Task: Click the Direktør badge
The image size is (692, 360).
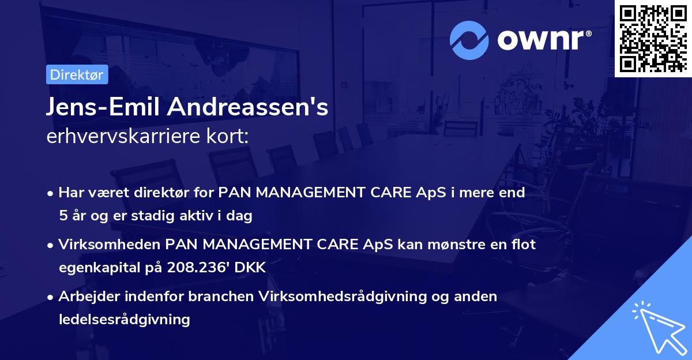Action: tap(77, 74)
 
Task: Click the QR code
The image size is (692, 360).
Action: tap(652, 38)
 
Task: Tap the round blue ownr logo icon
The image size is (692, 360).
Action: tap(469, 40)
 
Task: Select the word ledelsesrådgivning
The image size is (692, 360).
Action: tap(124, 319)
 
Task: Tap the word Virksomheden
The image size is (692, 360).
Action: tap(110, 245)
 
